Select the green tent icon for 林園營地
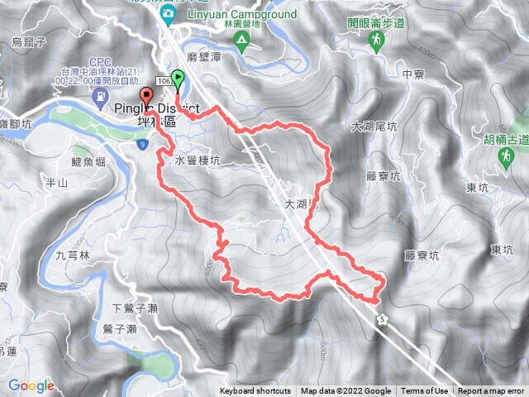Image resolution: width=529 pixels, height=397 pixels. (x=241, y=45)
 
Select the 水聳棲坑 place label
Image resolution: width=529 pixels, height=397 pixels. (x=198, y=161)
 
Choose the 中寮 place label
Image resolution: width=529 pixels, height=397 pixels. (x=412, y=74)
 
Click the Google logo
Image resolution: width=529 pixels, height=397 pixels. (x=31, y=385)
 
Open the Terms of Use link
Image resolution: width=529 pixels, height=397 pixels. (x=425, y=391)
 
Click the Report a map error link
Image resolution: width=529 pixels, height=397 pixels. (x=491, y=391)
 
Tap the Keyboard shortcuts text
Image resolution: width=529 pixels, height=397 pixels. (x=255, y=391)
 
